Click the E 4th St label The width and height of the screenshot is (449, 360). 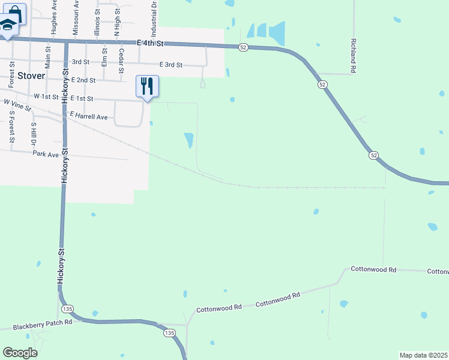[x=151, y=43]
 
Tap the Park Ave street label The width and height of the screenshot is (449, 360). [x=46, y=154]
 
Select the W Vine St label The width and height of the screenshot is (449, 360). [x=17, y=106]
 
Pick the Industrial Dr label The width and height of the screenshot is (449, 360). [x=154, y=16]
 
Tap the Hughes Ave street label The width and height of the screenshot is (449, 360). [x=54, y=18]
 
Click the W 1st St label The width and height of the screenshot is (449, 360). [x=46, y=96]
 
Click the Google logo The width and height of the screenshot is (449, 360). [x=20, y=353]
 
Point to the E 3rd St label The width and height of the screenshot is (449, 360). [x=171, y=65]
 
